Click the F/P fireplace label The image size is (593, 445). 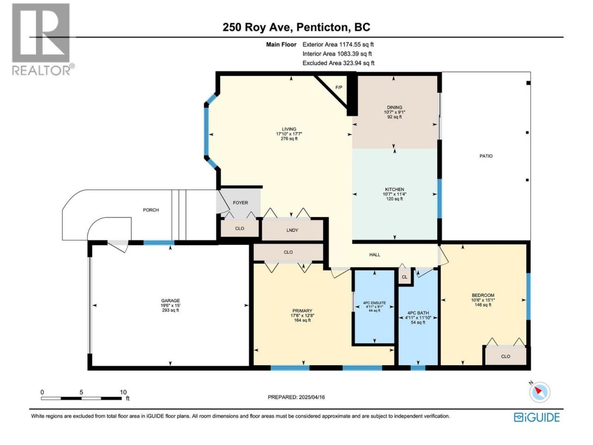[x=339, y=87]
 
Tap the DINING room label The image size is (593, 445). [x=394, y=107]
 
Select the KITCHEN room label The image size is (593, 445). [x=394, y=190]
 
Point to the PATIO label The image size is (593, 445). [x=486, y=156]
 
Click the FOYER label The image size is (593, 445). [x=240, y=203]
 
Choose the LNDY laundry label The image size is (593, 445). [x=292, y=230]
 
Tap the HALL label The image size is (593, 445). [x=375, y=254]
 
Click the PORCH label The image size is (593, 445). [x=151, y=210]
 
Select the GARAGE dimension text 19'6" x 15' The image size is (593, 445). [x=170, y=305]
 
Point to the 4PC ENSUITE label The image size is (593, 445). [x=374, y=303]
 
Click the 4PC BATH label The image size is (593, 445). [x=418, y=313]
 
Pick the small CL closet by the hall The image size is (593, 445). [x=404, y=277]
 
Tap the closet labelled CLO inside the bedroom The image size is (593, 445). [x=505, y=356]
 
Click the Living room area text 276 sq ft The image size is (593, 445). [x=289, y=139]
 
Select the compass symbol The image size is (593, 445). [x=540, y=392]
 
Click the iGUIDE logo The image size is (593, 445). [x=536, y=417]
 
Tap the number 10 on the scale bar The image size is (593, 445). [x=123, y=392]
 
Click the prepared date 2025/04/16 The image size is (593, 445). [x=312, y=397]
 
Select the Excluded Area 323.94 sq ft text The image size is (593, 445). [x=338, y=63]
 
